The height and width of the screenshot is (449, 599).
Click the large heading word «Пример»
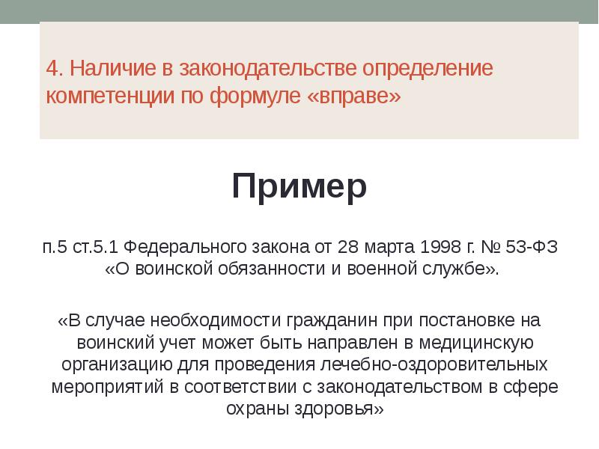tap(299, 186)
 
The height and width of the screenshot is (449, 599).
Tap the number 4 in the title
tap(52, 69)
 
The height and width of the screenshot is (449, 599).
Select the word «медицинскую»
tap(479, 343)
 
